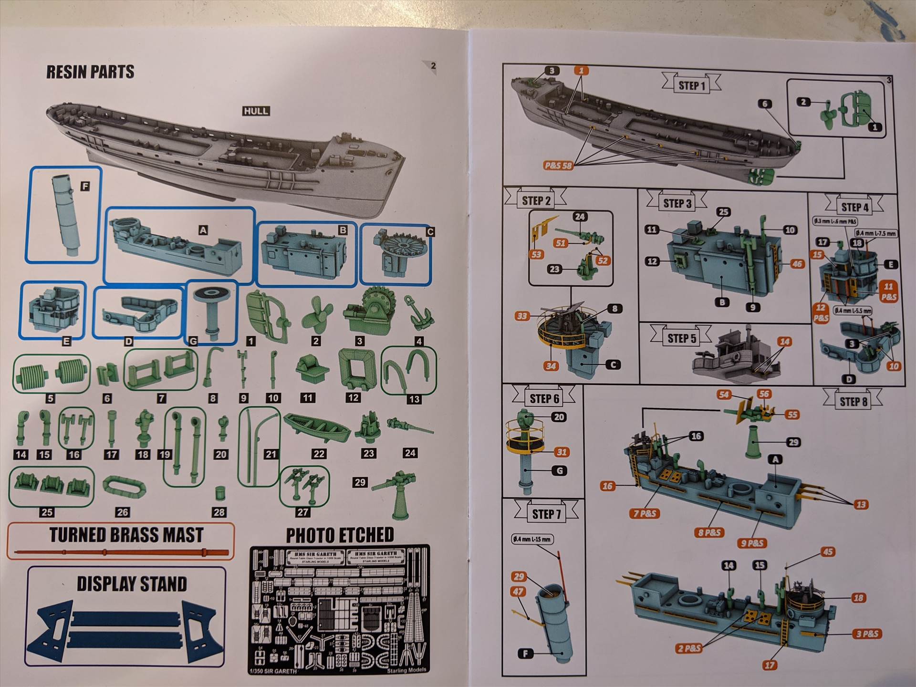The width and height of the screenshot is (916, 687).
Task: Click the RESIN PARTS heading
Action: click(90, 72)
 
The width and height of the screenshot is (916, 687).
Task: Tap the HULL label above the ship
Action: click(256, 111)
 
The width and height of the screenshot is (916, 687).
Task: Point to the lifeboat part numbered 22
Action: click(316, 427)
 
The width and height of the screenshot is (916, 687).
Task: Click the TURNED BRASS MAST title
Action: click(126, 535)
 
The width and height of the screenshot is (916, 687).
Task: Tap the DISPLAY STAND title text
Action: click(132, 584)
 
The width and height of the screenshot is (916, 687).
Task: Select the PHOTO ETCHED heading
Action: click(340, 535)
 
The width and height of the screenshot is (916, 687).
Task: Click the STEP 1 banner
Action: click(691, 85)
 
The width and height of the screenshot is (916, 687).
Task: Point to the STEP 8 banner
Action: click(853, 402)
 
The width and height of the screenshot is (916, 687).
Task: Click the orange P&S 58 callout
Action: click(558, 166)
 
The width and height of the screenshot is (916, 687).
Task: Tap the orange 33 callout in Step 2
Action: click(522, 316)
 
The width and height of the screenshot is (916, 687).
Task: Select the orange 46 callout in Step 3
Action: click(797, 264)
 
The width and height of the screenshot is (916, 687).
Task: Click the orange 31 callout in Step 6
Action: click(562, 452)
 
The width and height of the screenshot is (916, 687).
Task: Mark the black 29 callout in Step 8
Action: click(793, 442)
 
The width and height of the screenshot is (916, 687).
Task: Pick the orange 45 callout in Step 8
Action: click(828, 552)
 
